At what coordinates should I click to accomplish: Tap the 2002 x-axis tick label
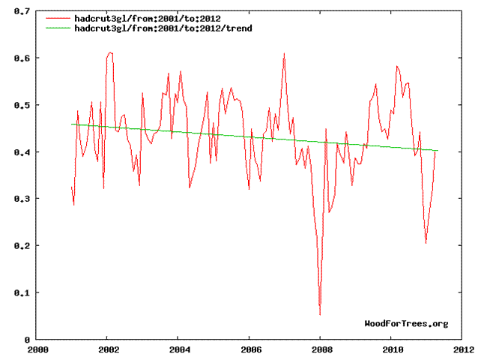(109, 349)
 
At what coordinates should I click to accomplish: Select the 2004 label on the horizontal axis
(179, 349)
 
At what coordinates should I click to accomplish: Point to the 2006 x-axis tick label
(250, 349)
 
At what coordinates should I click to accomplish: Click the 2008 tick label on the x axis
(321, 349)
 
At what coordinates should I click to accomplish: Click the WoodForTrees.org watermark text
(406, 323)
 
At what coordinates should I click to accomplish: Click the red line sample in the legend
(58, 17)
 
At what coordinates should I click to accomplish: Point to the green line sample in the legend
(58, 27)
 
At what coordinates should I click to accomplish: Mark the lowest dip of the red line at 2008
(320, 315)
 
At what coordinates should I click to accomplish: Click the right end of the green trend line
(438, 151)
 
